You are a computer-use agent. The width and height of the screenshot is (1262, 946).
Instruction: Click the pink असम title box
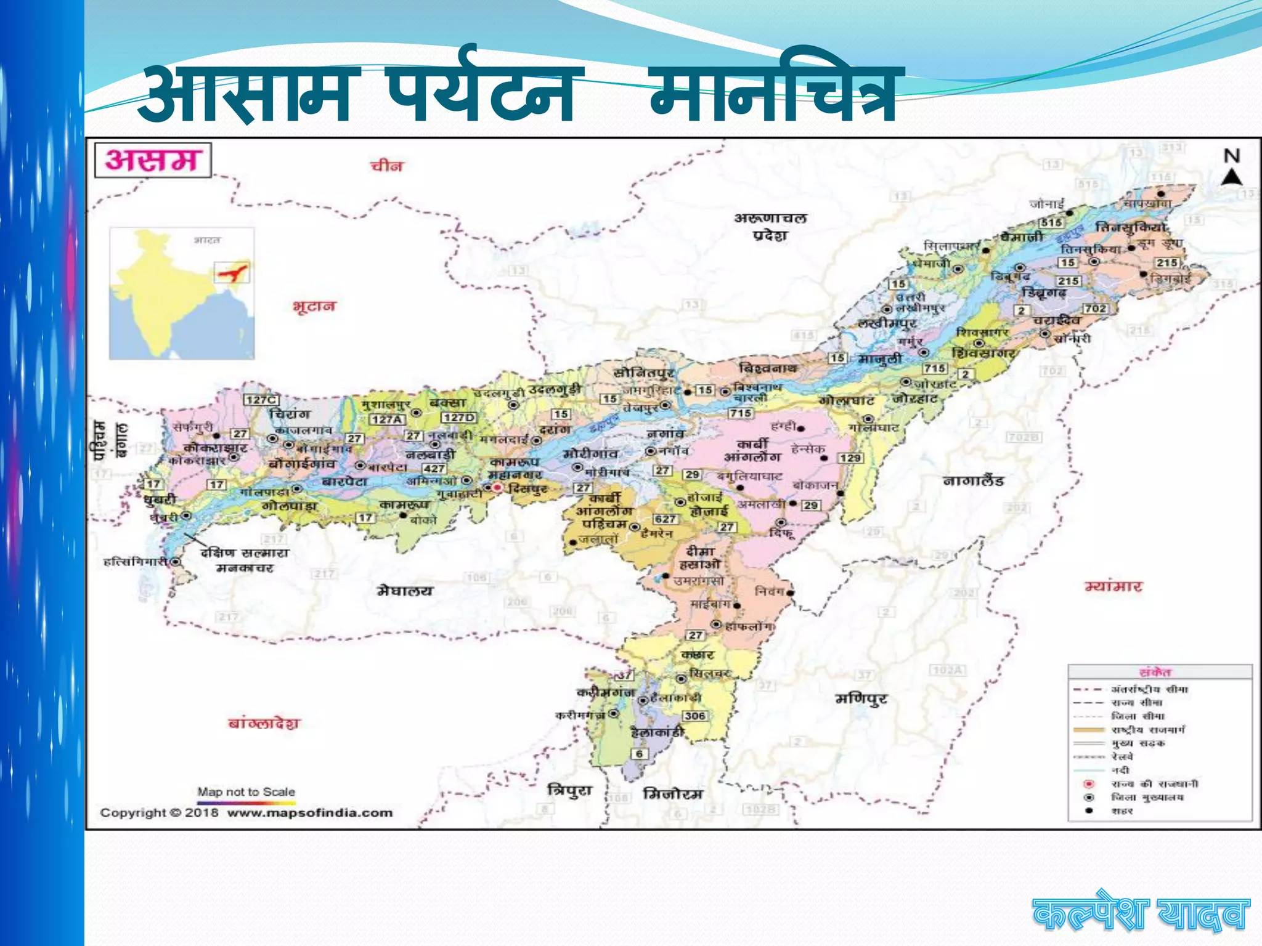coord(152,160)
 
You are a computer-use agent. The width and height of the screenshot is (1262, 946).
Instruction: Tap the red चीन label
coord(386,166)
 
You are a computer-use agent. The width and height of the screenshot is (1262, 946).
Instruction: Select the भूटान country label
coord(314,306)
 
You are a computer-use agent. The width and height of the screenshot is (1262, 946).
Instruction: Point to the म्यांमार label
coord(1113,586)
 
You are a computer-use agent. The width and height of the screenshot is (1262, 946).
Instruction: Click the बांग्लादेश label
coord(264,723)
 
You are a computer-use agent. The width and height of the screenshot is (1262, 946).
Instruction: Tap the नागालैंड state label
coord(973,480)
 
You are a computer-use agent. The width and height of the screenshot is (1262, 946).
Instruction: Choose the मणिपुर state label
coord(861,699)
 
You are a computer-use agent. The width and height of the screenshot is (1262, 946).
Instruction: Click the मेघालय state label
coord(405,591)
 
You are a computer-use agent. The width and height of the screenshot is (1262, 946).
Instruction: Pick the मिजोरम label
coord(672,794)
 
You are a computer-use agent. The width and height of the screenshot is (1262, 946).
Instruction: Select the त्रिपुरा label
coord(569,791)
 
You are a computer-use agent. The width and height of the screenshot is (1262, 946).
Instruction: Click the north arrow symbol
coord(1231,177)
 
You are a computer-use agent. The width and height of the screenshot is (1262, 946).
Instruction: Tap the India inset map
coord(182,293)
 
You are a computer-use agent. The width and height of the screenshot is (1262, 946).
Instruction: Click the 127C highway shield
coord(261,400)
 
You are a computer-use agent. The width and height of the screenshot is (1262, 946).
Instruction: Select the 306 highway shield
coord(694,716)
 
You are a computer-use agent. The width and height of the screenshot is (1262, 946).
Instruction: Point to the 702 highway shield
coord(1095,308)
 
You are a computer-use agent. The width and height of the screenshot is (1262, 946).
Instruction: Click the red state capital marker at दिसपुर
coord(497,488)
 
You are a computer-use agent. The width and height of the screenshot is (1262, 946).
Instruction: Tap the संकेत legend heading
coord(1155,673)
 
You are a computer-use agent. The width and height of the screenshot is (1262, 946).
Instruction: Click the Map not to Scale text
coord(246,791)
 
